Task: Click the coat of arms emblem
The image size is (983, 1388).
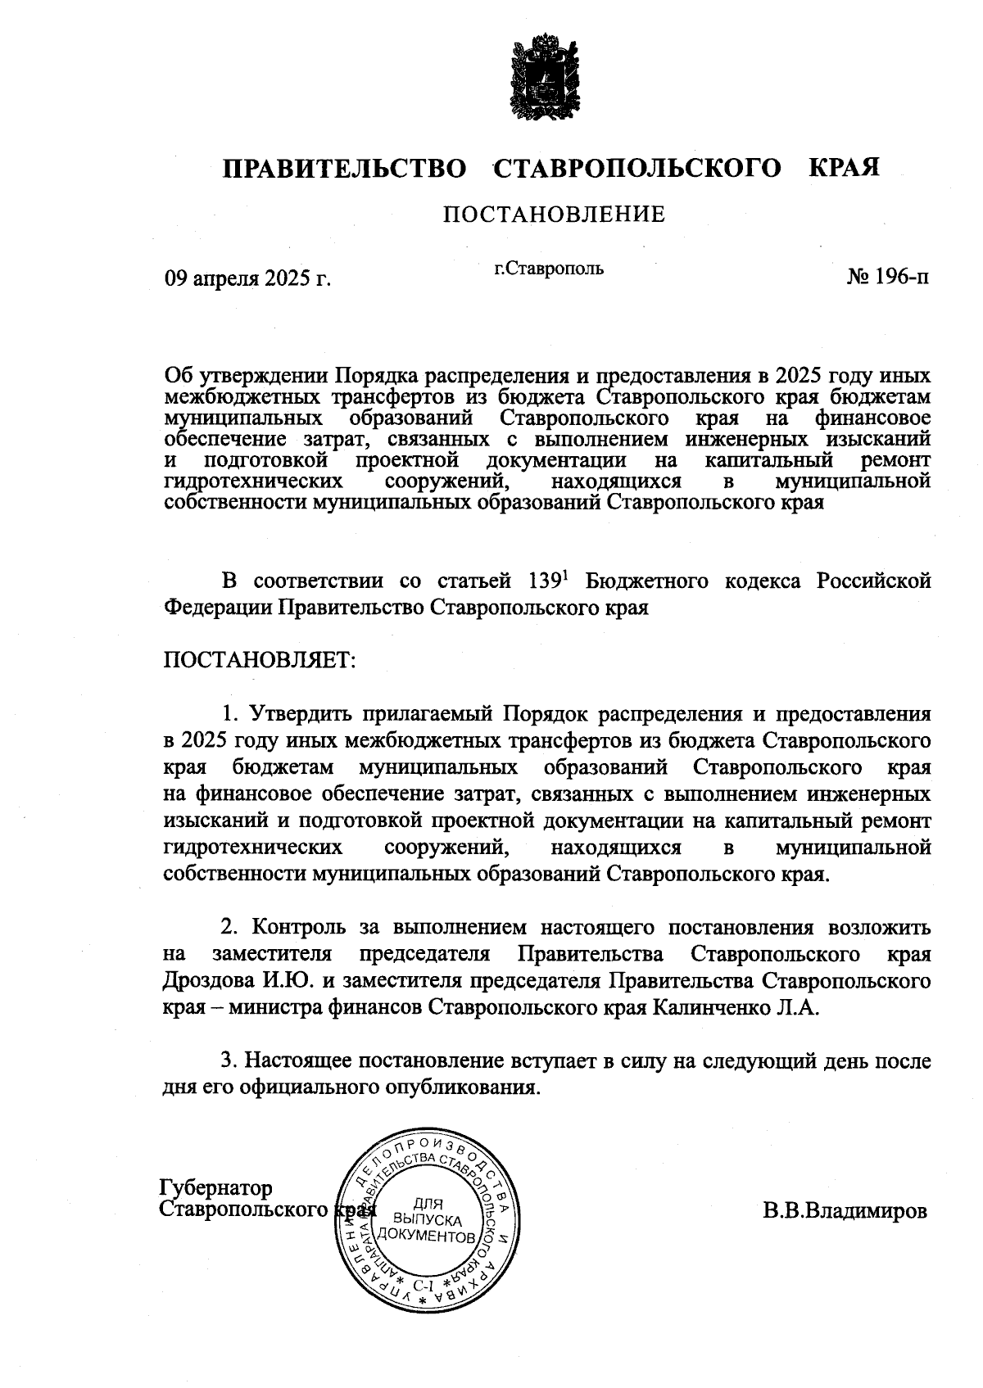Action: click(x=545, y=75)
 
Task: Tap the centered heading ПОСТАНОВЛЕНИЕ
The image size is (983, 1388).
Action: click(x=554, y=215)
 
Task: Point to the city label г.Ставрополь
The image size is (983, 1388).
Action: click(x=549, y=268)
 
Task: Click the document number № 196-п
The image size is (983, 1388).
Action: click(x=888, y=277)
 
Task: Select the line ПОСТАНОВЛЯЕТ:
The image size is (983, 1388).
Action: click(x=260, y=660)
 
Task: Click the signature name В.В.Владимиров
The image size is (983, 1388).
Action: click(x=845, y=1211)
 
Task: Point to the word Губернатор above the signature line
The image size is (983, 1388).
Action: click(x=216, y=1188)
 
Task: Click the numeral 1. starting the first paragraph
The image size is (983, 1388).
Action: click(x=231, y=714)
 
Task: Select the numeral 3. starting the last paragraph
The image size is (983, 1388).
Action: click(x=231, y=1061)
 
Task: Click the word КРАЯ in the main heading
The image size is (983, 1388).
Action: click(x=844, y=169)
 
